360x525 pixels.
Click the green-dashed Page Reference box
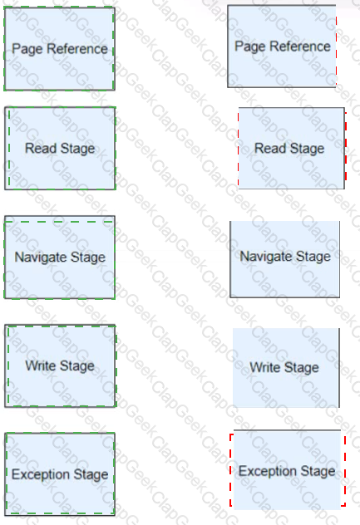point(59,48)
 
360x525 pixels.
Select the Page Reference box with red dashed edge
point(282,47)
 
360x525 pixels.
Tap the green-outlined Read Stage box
point(60,148)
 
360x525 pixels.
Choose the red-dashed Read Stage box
point(292,148)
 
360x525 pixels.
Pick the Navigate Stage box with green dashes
point(60,258)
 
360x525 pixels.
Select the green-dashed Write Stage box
point(61,366)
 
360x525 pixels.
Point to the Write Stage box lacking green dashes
point(286,368)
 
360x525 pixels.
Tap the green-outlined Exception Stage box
point(60,473)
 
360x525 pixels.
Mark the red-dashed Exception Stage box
point(288,469)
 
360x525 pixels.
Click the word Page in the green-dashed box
point(27,49)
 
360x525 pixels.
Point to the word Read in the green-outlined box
point(41,148)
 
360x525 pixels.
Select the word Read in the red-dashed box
point(270,148)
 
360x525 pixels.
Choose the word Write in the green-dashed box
point(40,366)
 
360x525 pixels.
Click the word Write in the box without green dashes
point(265,367)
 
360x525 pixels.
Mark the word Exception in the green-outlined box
point(41,474)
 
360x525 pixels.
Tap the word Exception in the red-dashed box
point(268,471)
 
